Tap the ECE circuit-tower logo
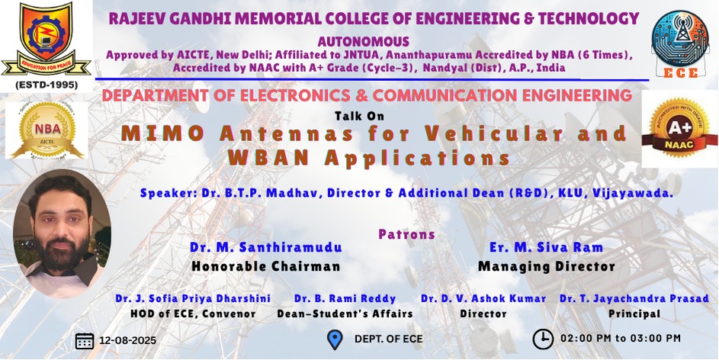tap(680, 43)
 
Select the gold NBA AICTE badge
tap(47, 130)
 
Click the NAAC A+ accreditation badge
tap(679, 128)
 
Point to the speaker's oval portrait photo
tap(62, 233)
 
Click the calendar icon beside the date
tap(85, 341)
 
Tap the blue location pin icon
tap(335, 340)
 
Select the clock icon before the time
tap(542, 339)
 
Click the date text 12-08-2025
tap(127, 341)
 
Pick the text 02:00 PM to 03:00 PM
tap(621, 339)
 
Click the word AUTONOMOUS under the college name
tap(363, 42)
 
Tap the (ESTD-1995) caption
tap(47, 85)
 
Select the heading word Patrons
tap(406, 234)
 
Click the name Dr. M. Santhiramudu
tap(266, 248)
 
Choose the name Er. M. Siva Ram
tap(546, 248)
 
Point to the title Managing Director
tap(546, 266)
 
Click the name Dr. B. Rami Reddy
tap(345, 299)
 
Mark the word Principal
tap(634, 314)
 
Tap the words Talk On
tap(360, 117)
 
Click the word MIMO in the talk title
tap(162, 133)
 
